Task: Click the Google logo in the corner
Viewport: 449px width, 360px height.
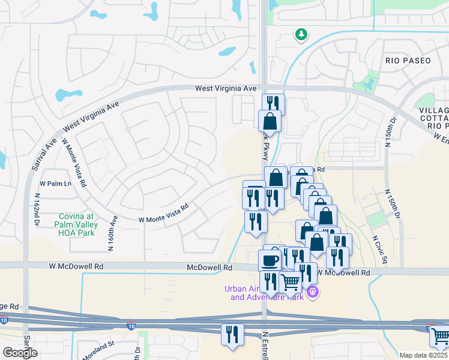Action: coord(20,353)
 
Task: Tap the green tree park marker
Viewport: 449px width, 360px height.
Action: coord(301,35)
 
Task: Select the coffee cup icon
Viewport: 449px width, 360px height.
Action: coord(270,260)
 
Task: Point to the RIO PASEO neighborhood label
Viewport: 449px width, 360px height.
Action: coord(408,61)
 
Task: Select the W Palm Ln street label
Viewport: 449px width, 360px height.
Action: coord(55,184)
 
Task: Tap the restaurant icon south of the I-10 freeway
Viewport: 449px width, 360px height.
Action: coord(232,334)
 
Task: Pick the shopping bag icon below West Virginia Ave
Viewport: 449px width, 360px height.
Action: coord(270,121)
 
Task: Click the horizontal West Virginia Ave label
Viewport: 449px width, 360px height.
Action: coord(226,88)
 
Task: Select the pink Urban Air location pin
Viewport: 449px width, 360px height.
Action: coord(312,293)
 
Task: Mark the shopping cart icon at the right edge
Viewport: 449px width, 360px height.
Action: coord(441,337)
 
